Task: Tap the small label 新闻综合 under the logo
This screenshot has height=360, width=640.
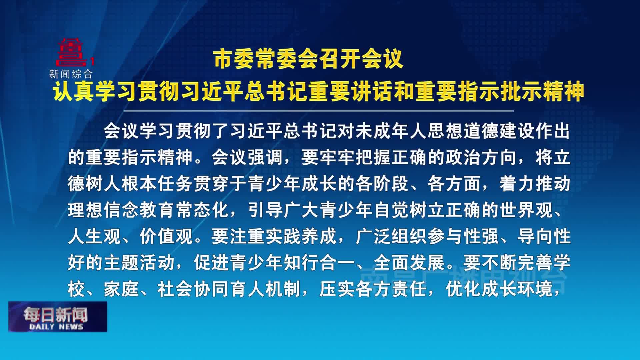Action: click(x=71, y=74)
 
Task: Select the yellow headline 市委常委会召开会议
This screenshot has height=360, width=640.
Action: click(x=309, y=59)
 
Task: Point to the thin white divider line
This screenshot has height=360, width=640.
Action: click(x=319, y=111)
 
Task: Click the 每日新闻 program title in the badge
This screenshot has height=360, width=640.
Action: click(x=55, y=314)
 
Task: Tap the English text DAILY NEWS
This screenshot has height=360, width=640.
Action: click(x=56, y=327)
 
